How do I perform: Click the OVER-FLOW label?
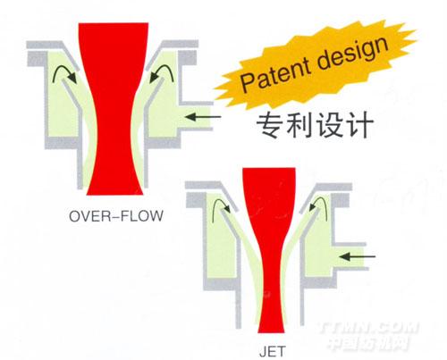click(x=116, y=216)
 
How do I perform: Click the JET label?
click(x=273, y=351)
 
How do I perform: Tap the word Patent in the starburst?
click(x=274, y=74)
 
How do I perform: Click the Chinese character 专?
click(x=270, y=124)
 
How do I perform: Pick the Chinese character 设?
click(x=329, y=124)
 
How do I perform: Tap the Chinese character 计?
click(x=359, y=124)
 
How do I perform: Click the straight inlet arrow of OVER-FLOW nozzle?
click(x=203, y=117)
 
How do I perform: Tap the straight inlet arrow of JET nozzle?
click(x=358, y=256)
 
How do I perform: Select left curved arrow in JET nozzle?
click(x=219, y=201)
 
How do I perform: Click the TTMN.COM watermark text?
click(x=369, y=328)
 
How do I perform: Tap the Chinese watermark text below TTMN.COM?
click(x=369, y=344)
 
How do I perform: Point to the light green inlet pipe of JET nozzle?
click(x=349, y=256)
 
